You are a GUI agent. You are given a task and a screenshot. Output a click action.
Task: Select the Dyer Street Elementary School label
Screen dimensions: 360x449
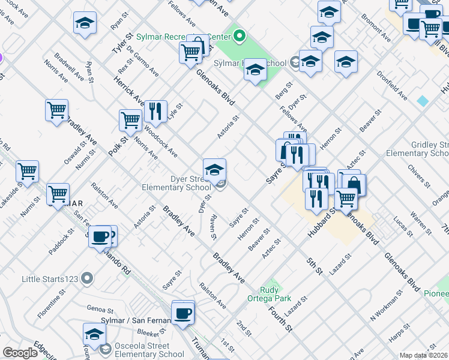[176, 183]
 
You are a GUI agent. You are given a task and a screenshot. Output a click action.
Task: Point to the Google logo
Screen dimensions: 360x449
[20, 353]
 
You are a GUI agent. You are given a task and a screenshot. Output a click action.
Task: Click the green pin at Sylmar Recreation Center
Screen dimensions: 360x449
[240, 37]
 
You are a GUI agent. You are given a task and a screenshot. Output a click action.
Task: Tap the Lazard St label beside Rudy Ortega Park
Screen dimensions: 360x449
[296, 306]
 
